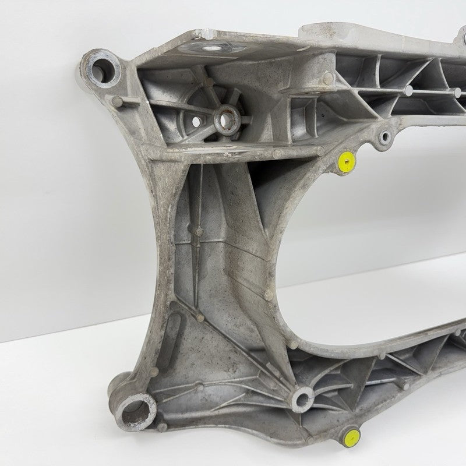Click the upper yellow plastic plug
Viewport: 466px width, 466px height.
(x=347, y=163)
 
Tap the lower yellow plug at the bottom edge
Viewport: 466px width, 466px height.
(x=351, y=438)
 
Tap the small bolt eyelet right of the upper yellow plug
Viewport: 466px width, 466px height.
(x=385, y=137)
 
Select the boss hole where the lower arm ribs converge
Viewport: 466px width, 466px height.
(x=303, y=398)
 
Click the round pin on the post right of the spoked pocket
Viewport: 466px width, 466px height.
(x=329, y=77)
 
